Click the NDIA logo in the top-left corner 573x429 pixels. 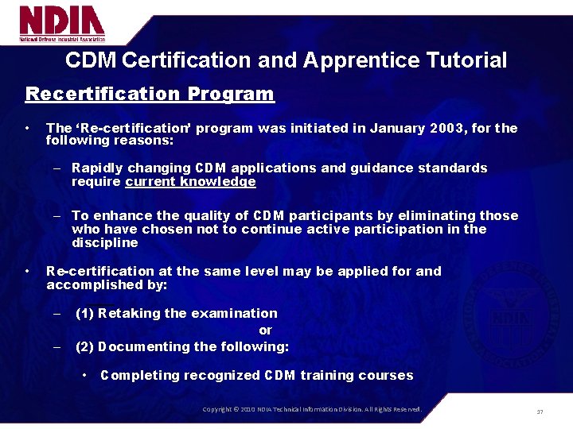62,24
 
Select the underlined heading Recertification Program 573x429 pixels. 150,95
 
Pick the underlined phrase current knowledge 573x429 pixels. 190,182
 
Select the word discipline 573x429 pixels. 104,242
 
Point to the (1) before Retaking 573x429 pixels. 85,313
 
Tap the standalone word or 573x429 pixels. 265,330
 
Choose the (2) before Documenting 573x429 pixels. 85,346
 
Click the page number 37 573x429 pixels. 540,412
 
